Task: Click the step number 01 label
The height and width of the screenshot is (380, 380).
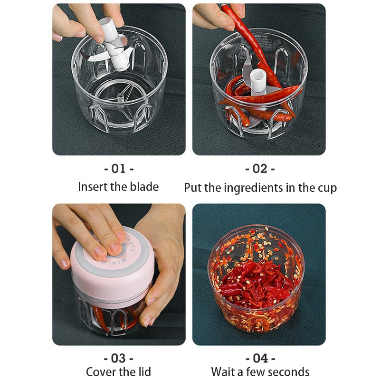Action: [x=118, y=169]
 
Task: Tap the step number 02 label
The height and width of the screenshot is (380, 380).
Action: [x=260, y=169]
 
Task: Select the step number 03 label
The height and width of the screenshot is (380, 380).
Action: [x=118, y=358]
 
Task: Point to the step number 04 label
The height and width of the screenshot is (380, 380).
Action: [x=260, y=358]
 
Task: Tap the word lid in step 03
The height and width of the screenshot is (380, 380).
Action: [x=143, y=371]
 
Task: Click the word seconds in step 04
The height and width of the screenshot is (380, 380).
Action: [x=288, y=371]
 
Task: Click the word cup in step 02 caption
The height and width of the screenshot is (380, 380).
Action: [x=327, y=188]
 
